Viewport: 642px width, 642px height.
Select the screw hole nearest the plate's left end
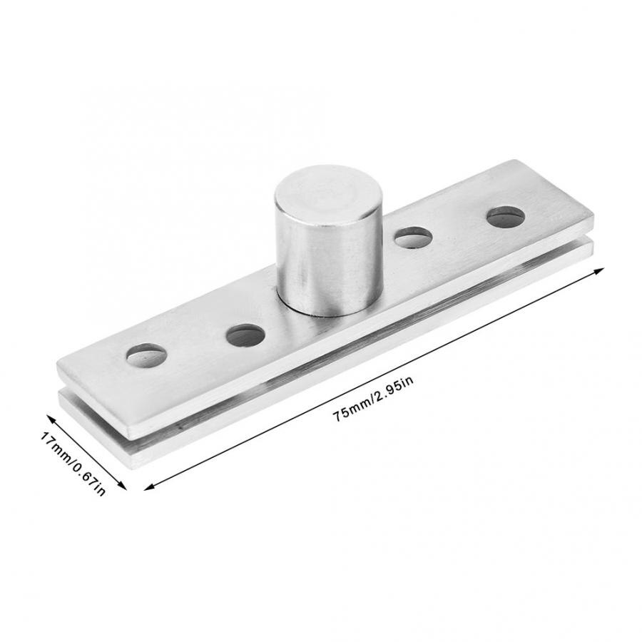coord(147,355)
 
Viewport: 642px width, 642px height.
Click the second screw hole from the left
coord(246,335)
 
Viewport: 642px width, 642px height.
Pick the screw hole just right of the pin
coord(413,238)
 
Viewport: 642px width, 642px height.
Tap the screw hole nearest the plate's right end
coord(506,217)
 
